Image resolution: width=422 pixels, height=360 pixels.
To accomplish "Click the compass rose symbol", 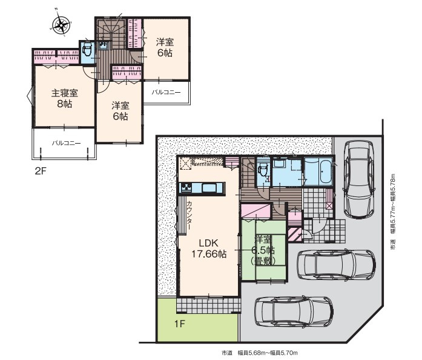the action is pos(62,25).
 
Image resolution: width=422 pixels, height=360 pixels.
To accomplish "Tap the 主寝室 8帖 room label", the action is pos(65,99).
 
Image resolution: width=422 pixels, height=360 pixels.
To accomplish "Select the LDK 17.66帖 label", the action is pos(209,248).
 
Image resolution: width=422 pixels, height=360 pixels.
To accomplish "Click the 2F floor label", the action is pos(41,172).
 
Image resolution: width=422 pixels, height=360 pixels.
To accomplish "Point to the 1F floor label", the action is pos(180,324).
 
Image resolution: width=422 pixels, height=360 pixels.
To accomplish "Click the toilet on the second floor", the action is pos(87,51).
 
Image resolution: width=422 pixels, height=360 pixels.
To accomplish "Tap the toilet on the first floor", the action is pos(262,171).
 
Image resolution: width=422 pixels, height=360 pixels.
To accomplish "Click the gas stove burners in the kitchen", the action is pos(186,187).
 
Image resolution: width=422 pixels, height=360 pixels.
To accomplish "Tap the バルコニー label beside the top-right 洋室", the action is pos(166,93).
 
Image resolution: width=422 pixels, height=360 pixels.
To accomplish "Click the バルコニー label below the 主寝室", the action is pos(66,143).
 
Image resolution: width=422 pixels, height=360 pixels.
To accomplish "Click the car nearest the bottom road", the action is pos(294,312).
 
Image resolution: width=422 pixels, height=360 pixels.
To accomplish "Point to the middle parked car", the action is pos(336,265).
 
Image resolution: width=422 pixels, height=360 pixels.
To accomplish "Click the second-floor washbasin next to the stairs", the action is pos(104,45).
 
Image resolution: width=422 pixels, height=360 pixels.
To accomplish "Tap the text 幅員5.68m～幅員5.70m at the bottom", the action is pos(268,353).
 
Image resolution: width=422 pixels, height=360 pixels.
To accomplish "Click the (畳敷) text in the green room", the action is pos(263,261).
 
